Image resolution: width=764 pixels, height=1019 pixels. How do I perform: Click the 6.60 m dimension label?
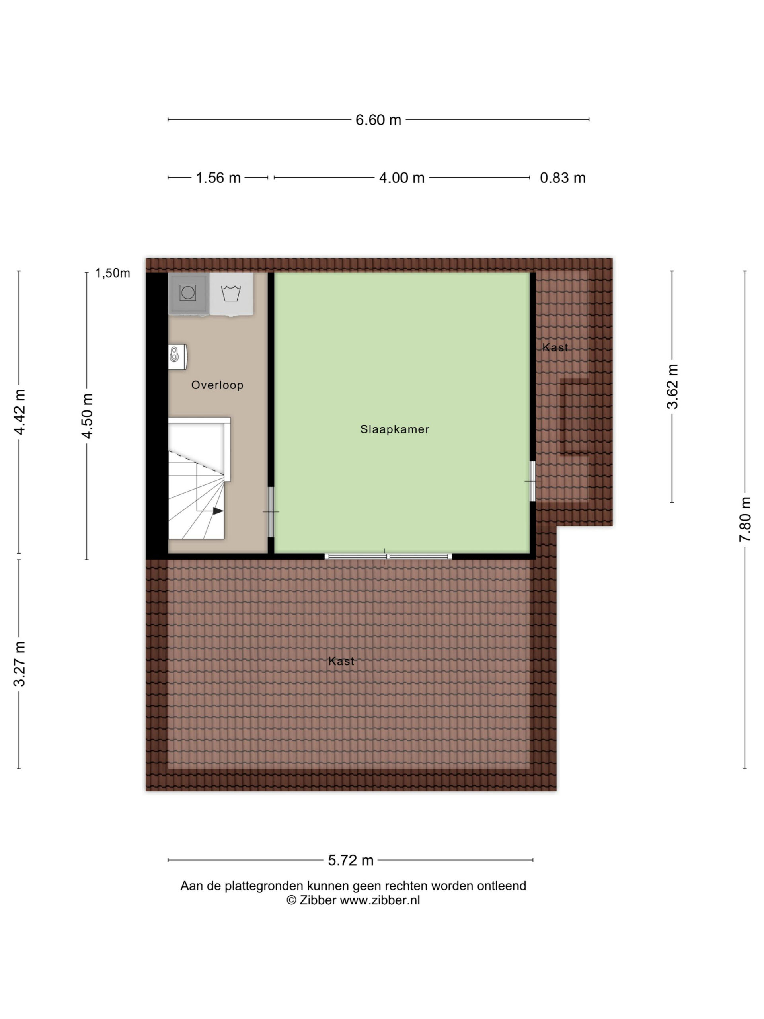pos(378,120)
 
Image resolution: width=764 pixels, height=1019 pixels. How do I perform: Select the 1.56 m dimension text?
pos(218,178)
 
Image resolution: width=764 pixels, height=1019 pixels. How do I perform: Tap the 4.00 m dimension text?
pos(401,178)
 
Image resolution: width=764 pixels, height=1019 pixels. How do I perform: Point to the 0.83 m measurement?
pos(562,178)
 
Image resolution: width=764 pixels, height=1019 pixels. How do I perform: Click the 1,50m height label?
pos(112,273)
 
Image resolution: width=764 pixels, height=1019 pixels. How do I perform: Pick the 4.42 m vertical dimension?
pos(19,412)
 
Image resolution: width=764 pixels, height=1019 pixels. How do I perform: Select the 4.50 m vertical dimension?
pos(87,416)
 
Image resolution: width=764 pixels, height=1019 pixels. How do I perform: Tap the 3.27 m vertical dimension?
pos(19,664)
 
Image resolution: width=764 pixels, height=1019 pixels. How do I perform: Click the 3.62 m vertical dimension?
pos(672,387)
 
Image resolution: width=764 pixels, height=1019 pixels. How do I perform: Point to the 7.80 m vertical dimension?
pos(745,519)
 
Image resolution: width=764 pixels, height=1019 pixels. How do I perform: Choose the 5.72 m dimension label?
pos(351,860)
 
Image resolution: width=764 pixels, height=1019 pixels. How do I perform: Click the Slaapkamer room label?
pos(395,429)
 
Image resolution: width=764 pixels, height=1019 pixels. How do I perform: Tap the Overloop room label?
pos(217,385)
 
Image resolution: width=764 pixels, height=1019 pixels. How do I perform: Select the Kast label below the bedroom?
pos(341,661)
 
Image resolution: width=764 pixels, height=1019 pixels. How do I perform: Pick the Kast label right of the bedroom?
pos(555,347)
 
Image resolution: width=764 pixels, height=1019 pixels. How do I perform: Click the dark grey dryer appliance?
pos(188,293)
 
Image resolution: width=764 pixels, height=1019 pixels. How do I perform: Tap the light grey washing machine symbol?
pos(231,293)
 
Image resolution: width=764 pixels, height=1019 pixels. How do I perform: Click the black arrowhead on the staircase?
pos(218,511)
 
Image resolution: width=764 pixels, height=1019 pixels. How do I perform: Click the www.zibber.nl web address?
pos(380,900)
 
